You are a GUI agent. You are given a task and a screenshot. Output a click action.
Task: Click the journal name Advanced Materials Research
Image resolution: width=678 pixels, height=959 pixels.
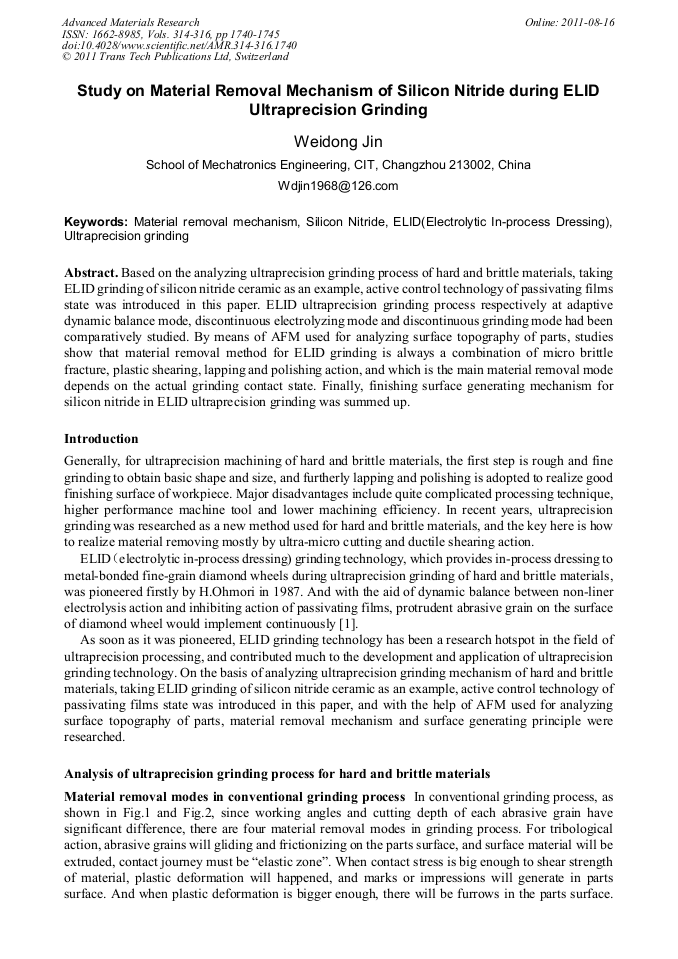pyautogui.click(x=130, y=22)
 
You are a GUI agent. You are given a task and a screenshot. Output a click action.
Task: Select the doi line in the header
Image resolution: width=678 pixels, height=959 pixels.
pyautogui.click(x=179, y=46)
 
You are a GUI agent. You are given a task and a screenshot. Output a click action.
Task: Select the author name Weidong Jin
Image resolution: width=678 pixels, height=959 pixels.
pyautogui.click(x=338, y=142)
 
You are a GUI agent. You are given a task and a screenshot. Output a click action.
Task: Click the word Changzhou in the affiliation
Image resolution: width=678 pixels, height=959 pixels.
pyautogui.click(x=417, y=165)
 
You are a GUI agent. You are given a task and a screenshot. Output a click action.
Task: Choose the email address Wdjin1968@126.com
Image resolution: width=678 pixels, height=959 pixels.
pyautogui.click(x=338, y=186)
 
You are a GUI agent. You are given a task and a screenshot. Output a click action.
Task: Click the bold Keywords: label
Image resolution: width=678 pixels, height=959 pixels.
pyautogui.click(x=96, y=221)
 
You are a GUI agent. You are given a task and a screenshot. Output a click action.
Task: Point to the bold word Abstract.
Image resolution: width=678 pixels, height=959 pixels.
pyautogui.click(x=92, y=273)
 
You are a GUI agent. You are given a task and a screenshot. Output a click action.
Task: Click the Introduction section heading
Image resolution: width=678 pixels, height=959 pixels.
pyautogui.click(x=101, y=439)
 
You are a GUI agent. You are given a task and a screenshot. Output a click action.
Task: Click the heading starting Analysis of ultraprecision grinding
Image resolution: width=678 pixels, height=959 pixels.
pyautogui.click(x=277, y=773)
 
